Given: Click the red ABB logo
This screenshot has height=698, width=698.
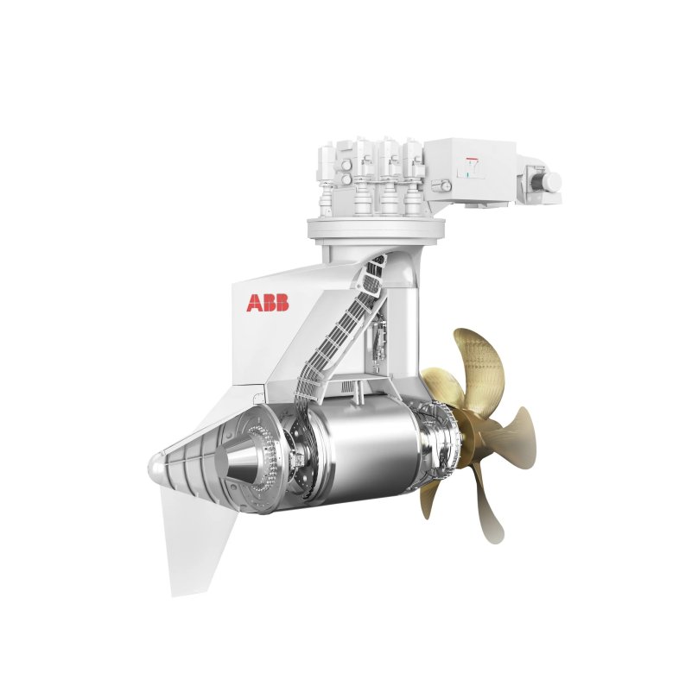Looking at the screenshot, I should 268,303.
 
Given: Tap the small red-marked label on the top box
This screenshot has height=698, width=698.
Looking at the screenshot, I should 472,166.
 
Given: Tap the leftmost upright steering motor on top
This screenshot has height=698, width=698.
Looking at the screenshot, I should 332,173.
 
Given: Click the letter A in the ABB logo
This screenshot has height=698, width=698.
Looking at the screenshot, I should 255,303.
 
